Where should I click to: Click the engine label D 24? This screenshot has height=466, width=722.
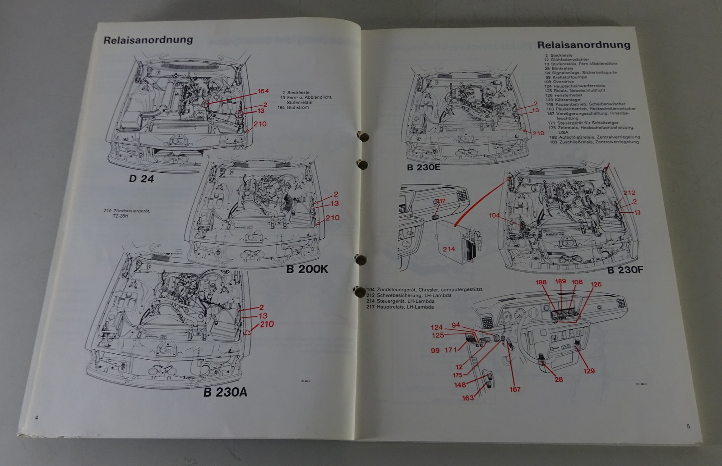[141, 179]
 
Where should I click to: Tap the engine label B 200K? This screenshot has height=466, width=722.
[307, 270]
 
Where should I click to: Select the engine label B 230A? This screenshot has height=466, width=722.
[225, 392]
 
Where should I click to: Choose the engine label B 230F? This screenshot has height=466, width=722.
[625, 270]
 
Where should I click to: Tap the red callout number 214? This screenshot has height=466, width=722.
[449, 249]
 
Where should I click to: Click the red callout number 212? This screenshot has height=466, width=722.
[629, 193]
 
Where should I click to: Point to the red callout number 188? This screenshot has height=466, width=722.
[541, 283]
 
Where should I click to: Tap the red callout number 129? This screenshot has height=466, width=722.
[589, 371]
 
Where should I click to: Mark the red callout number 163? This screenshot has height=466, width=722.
[468, 397]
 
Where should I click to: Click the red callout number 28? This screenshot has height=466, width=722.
[559, 379]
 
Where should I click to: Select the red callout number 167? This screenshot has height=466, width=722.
[515, 389]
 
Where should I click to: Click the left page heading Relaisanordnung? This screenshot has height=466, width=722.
[148, 40]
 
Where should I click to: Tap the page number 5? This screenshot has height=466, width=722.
[688, 426]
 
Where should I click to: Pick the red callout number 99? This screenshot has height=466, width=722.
[435, 350]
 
